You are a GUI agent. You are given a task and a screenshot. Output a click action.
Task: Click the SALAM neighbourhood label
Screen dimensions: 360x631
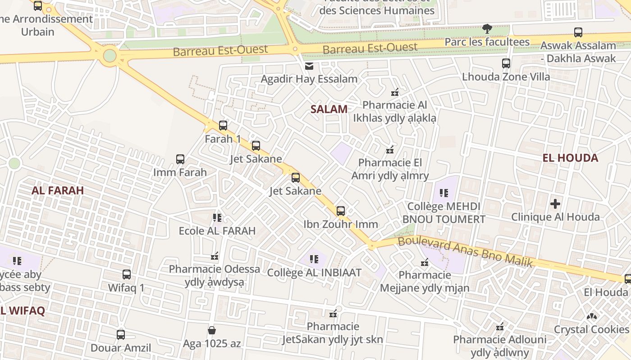[329, 109]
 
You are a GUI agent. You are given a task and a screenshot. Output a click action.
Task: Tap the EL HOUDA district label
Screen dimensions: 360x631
[570, 158]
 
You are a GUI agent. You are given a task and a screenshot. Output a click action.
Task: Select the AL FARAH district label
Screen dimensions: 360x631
[58, 190]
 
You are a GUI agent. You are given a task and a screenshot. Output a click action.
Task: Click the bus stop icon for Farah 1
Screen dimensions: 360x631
[223, 126]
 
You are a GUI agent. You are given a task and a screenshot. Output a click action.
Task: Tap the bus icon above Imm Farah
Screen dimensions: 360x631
[180, 159]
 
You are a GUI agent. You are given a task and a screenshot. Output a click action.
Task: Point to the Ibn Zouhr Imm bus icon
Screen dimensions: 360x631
[341, 211]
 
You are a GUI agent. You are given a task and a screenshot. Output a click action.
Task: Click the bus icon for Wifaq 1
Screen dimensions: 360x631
[127, 274]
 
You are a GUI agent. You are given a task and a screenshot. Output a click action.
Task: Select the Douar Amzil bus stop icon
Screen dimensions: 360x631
[121, 334]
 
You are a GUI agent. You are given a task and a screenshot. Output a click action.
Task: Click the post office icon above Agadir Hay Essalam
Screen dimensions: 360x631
[309, 66]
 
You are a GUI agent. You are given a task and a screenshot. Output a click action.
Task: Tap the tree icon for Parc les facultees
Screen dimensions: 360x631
[487, 29]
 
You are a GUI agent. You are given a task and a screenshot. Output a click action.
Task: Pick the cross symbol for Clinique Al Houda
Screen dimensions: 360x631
[555, 204]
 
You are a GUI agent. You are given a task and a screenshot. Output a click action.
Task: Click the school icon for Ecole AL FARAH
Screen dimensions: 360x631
[217, 218]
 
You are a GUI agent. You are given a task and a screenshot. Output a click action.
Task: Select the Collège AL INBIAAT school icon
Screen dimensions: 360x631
[314, 259]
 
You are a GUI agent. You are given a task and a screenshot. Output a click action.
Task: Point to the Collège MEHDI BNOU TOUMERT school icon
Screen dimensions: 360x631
[444, 193]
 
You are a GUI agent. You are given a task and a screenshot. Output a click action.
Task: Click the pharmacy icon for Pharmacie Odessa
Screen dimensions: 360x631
[215, 256]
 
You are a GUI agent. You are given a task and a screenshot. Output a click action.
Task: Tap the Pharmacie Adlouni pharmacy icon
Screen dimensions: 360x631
[499, 326]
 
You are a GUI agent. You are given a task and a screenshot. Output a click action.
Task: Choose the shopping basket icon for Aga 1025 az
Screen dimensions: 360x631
[212, 330]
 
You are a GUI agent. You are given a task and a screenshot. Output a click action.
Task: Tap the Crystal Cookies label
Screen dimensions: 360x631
[591, 329]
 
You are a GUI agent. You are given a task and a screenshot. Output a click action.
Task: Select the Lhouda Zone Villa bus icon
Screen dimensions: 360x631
[506, 63]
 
